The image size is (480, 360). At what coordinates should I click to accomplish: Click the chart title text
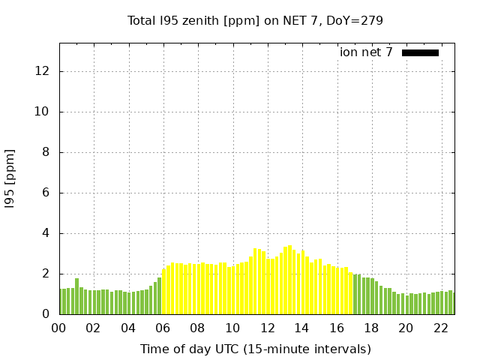tap(255, 20)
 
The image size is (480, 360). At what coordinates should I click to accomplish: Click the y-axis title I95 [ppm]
tap(10, 178)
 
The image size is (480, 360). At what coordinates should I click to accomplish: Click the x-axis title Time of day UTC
tap(255, 349)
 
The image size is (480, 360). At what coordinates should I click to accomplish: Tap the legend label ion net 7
tap(366, 52)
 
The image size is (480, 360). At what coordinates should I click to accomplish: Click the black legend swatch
tap(420, 52)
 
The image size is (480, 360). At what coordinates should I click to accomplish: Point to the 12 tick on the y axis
tap(42, 71)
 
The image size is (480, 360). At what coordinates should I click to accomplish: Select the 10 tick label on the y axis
tap(42, 112)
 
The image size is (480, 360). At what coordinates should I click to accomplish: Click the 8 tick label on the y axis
tap(46, 152)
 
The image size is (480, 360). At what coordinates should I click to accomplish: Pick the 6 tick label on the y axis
tap(46, 193)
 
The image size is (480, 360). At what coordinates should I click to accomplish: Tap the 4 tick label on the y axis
tap(46, 233)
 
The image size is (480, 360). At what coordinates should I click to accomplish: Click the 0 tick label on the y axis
tap(46, 314)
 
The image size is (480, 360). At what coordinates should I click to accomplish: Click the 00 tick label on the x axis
tap(59, 328)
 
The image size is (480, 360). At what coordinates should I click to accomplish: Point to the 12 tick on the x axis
tap(267, 328)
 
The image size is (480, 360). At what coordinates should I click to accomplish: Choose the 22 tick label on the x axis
tap(440, 328)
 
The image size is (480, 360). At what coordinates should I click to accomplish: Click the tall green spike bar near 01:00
tap(76, 297)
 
